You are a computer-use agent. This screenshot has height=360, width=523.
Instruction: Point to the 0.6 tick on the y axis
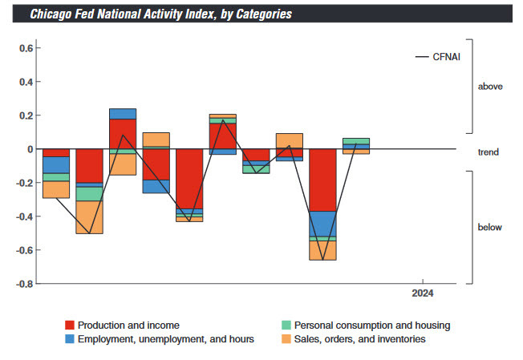[25, 48]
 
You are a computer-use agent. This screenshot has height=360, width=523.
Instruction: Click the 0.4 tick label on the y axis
[25, 82]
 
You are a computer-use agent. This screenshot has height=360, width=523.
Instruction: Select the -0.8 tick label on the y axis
[23, 284]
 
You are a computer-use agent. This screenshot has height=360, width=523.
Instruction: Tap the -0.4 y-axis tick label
[23, 216]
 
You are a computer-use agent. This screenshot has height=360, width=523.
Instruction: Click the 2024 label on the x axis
[423, 294]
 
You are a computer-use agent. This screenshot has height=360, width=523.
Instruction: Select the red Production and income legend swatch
[70, 326]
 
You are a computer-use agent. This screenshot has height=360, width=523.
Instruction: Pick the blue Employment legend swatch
[70, 339]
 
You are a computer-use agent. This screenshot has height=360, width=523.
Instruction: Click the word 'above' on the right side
[490, 86]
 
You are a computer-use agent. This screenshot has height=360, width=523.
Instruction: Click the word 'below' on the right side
[490, 227]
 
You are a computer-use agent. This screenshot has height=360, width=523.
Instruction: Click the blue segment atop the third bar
[123, 113]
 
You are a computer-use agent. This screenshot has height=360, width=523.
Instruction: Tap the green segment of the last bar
[356, 141]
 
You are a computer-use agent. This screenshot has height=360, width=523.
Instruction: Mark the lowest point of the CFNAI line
[322, 260]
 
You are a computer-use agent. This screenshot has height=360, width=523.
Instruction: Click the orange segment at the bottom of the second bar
[89, 216]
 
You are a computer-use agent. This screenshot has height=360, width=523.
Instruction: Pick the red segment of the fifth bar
[189, 178]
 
